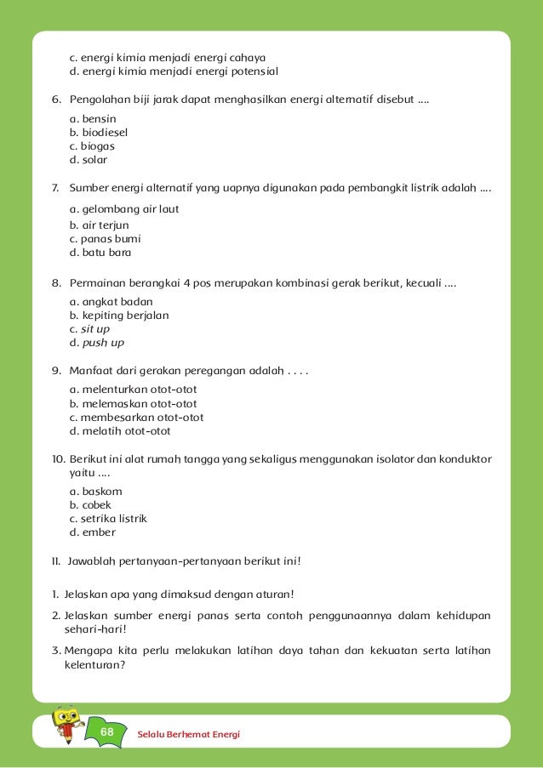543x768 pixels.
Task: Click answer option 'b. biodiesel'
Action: pos(99,132)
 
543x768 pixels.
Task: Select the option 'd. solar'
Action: pos(89,159)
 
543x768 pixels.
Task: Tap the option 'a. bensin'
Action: pos(93,118)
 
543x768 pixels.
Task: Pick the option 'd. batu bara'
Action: pos(100,253)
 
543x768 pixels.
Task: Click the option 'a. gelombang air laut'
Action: pos(123,208)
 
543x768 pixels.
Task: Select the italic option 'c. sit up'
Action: pos(89,328)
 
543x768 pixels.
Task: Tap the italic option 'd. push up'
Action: pos(96,342)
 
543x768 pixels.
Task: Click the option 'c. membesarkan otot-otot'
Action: pos(136,418)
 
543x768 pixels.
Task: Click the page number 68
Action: pos(106,731)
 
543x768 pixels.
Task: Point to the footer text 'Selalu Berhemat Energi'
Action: pos(188,733)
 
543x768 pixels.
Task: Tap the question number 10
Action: pos(58,459)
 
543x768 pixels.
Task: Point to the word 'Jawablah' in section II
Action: pos(90,561)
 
